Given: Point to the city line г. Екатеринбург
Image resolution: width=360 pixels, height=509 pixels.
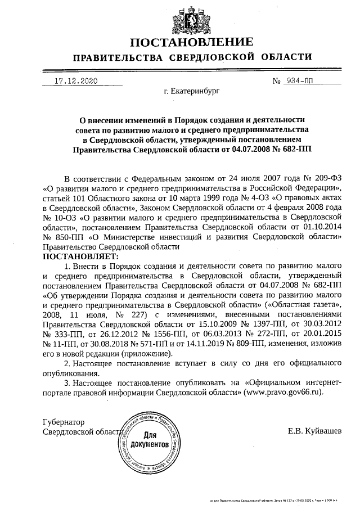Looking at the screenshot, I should (192, 90).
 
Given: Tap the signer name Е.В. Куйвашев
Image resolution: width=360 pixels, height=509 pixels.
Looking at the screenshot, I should (314, 431).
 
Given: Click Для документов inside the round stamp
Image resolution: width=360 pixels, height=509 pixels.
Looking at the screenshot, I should (149, 440).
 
